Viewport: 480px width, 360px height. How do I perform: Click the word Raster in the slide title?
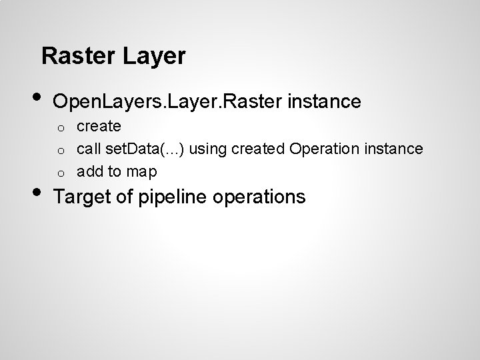pos(79,56)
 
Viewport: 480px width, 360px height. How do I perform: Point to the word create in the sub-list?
pos(99,125)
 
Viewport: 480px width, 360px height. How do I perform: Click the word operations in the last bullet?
pos(263,197)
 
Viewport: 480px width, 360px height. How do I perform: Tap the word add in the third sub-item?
pos(89,172)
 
